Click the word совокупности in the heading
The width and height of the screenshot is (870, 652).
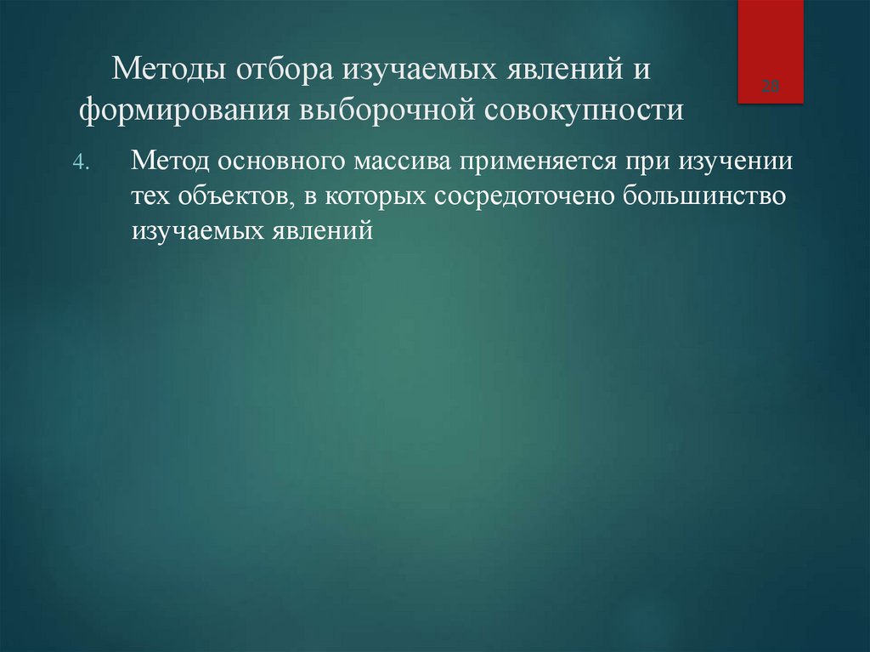[585, 111]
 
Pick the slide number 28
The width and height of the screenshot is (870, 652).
[771, 86]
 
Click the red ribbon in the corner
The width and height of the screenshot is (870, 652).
[771, 51]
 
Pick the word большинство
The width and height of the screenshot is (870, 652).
[709, 196]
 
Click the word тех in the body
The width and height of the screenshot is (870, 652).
[150, 196]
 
